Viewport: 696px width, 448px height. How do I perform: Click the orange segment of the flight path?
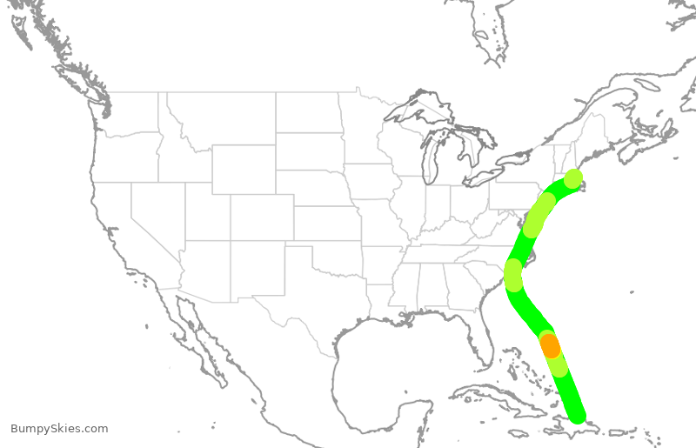coord(551,345)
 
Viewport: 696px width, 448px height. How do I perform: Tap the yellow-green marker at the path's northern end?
coord(572,179)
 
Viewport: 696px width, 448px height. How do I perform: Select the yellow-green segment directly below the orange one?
coord(558,365)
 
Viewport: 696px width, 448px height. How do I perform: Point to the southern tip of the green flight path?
coord(577,416)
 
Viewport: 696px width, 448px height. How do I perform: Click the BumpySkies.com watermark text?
coord(59,428)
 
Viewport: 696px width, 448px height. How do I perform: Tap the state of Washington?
coord(130,113)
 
